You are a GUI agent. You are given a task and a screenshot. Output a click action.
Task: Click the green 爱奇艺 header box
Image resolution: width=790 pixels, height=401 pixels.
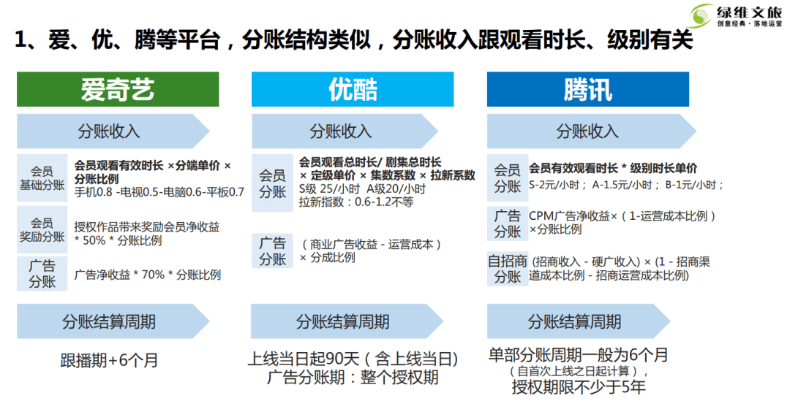(x=118, y=89)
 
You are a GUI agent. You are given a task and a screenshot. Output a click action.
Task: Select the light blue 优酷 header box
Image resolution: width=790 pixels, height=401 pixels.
(x=353, y=89)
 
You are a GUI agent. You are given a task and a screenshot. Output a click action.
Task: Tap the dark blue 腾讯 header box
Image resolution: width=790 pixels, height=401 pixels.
(x=588, y=89)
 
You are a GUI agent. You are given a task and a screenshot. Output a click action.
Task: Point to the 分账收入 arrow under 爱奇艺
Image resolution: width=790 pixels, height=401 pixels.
(x=113, y=131)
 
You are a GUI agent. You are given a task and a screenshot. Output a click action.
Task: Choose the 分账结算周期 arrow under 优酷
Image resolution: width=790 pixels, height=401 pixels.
(x=347, y=321)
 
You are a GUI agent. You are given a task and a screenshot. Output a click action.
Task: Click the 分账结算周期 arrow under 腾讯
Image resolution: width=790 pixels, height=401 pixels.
(x=579, y=321)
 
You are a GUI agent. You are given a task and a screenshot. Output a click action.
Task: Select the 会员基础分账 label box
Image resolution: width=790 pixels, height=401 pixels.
(x=42, y=178)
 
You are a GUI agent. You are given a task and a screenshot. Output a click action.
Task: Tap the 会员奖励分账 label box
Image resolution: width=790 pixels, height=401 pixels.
(x=42, y=229)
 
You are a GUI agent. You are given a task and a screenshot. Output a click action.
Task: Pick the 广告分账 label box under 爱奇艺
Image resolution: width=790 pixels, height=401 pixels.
(x=42, y=273)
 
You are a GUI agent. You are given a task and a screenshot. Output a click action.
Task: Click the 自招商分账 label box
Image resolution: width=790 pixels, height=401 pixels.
(x=508, y=269)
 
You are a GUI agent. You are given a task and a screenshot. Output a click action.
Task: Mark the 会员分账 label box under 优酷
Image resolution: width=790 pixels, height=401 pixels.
(x=272, y=183)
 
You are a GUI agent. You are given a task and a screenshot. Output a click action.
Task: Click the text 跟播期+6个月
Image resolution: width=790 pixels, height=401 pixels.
(x=109, y=360)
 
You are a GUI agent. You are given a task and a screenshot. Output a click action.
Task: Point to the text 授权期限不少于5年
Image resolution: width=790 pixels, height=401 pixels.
(x=579, y=386)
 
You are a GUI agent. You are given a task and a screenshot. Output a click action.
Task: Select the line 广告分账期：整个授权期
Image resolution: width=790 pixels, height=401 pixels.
(x=353, y=378)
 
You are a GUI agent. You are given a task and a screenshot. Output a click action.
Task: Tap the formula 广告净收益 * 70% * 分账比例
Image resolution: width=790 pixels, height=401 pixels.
(x=148, y=275)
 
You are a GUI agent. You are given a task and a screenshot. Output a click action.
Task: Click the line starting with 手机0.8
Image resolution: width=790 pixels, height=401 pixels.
(x=159, y=191)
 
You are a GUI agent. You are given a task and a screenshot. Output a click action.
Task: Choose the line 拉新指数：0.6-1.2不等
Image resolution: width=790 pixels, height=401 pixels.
(x=356, y=202)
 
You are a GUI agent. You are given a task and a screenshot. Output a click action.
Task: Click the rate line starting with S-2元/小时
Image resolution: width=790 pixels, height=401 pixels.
(x=626, y=185)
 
